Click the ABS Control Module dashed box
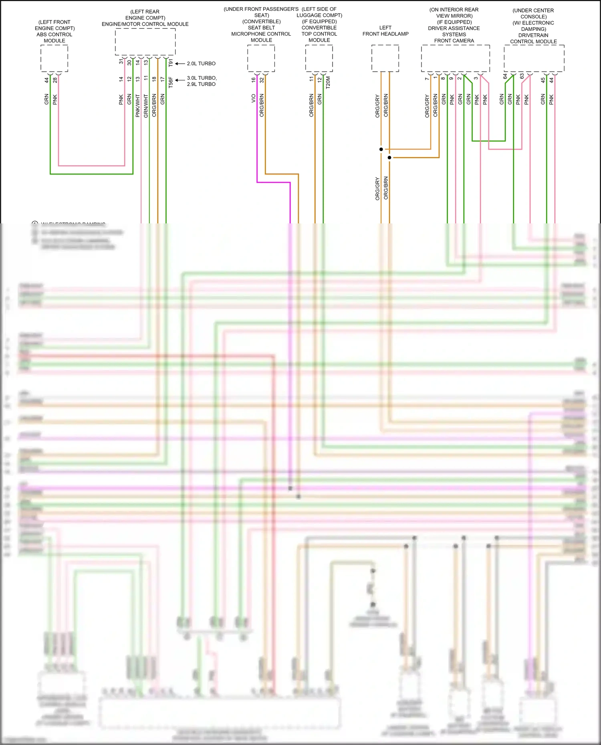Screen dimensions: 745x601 tap(54, 58)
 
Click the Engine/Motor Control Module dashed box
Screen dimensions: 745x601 tap(145, 42)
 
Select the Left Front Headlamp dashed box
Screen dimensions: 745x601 tap(385, 58)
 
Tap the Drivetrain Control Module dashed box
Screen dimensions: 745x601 tap(534, 58)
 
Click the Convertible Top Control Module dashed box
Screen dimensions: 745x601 tap(319, 58)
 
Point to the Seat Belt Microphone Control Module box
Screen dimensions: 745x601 tap(261, 58)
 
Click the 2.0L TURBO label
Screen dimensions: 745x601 tap(201, 64)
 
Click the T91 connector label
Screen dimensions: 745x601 tap(171, 63)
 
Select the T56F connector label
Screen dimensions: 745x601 tap(171, 82)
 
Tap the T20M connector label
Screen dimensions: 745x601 tap(328, 82)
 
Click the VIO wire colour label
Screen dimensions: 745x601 tap(253, 98)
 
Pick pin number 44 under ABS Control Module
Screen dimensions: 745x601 tap(46, 80)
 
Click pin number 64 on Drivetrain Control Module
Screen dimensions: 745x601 tap(505, 76)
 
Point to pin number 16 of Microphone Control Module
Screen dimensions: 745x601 tap(253, 80)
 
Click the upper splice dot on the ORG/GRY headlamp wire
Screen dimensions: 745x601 tap(381, 149)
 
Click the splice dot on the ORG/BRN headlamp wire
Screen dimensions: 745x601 tap(389, 158)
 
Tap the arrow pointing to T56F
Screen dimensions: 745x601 tap(180, 80)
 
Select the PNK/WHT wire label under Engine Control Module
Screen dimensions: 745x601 tap(137, 106)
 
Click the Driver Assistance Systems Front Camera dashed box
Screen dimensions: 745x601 tap(455, 58)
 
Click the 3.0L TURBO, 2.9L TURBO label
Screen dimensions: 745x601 tap(202, 81)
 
